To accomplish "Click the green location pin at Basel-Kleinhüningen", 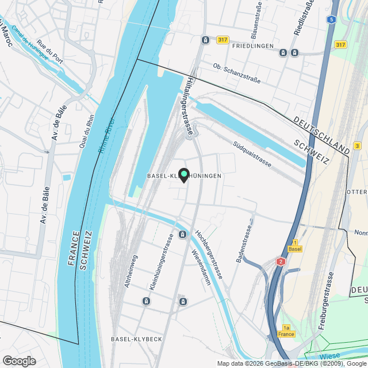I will coord(184,175).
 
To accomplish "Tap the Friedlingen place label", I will coord(248,45).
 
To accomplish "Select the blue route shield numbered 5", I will coord(331,19).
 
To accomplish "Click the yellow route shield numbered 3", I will coord(357,145).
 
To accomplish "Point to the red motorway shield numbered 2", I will coord(281,262).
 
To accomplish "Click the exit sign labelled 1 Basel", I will coord(294,246).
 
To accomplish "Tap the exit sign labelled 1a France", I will coord(286,331).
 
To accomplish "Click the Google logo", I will coord(19,361).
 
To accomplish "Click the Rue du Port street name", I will coord(49,51).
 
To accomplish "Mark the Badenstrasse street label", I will coord(244,244).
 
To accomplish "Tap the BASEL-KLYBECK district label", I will coord(136,339).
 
